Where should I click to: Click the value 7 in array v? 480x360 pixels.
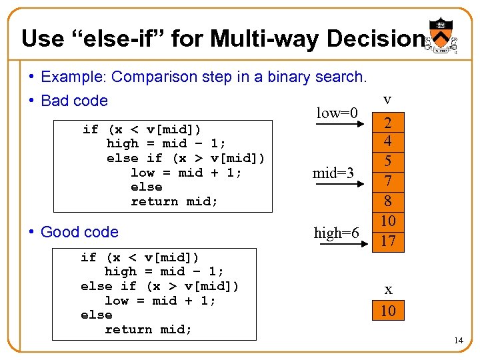(x=388, y=182)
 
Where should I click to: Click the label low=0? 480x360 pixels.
(x=337, y=113)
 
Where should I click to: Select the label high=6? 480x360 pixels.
(x=337, y=233)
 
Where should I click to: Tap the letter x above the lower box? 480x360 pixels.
(x=388, y=290)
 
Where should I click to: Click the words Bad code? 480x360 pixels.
(x=74, y=101)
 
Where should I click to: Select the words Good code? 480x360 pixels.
(x=79, y=232)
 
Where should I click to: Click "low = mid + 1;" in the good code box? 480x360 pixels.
(x=160, y=301)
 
